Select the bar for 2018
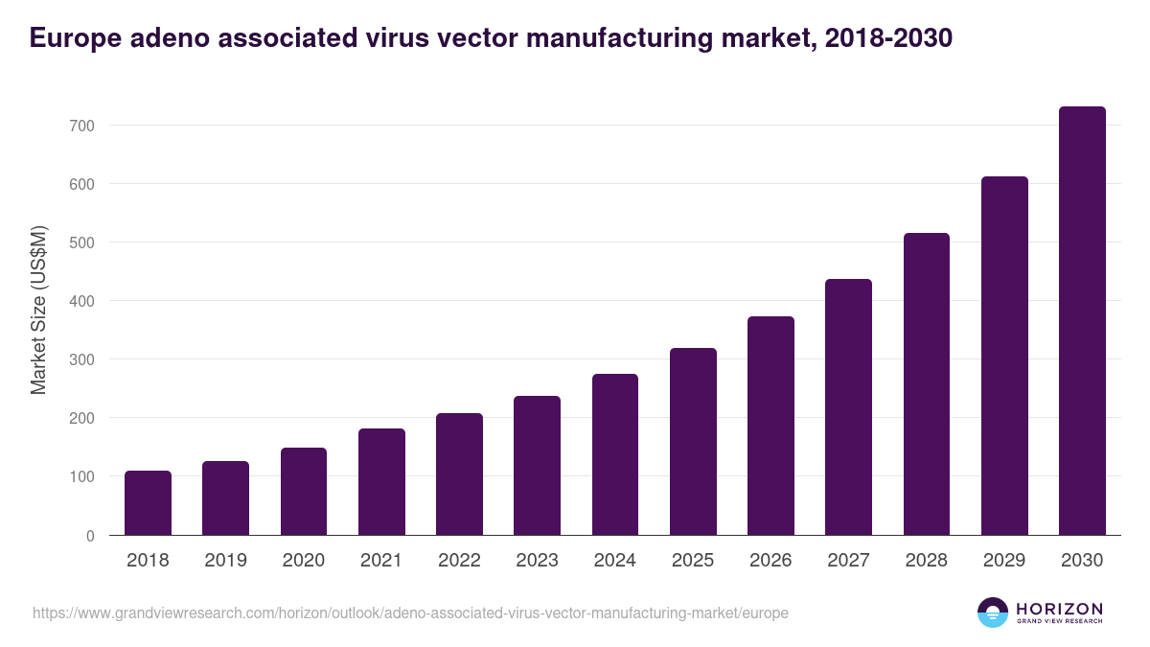(x=148, y=503)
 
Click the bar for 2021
(x=381, y=482)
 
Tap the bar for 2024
(x=615, y=454)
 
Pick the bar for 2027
(x=848, y=407)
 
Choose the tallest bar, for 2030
(x=1082, y=321)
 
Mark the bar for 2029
(x=1004, y=356)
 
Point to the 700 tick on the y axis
(x=81, y=126)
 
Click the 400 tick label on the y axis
(x=81, y=301)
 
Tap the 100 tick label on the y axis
(x=81, y=476)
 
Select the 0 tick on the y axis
(x=90, y=536)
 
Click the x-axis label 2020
(x=303, y=561)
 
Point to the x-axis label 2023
(x=537, y=561)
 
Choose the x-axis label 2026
(x=770, y=561)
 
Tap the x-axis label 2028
(x=927, y=561)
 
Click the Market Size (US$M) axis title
(x=39, y=310)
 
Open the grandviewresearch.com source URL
(x=410, y=612)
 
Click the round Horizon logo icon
(x=993, y=612)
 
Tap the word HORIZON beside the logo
(x=1059, y=608)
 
